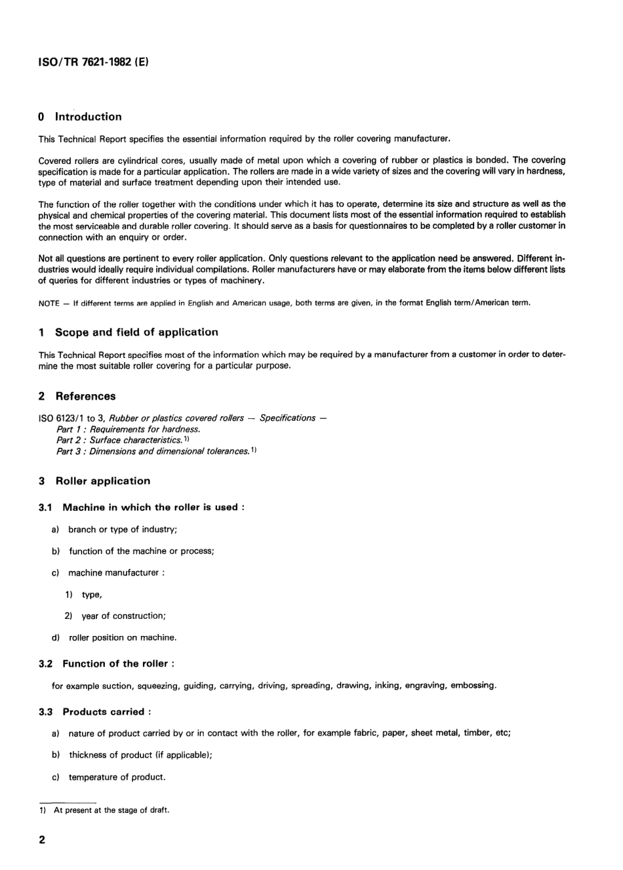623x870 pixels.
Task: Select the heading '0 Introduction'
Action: tap(80, 117)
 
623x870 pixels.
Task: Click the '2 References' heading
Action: tap(77, 396)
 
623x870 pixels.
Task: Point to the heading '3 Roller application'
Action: tap(94, 481)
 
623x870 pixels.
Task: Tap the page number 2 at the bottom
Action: tap(43, 840)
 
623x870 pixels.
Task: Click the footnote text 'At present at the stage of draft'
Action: tap(111, 810)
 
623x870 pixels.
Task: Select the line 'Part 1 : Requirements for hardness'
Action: tap(129, 429)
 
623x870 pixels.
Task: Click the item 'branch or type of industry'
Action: tap(123, 529)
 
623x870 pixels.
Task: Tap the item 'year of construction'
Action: tap(123, 616)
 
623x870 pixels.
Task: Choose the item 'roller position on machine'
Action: tap(123, 637)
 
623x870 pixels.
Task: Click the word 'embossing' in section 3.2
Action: tap(473, 686)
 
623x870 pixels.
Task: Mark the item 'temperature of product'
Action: tap(117, 777)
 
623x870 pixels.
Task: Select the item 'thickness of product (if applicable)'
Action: tap(140, 755)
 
